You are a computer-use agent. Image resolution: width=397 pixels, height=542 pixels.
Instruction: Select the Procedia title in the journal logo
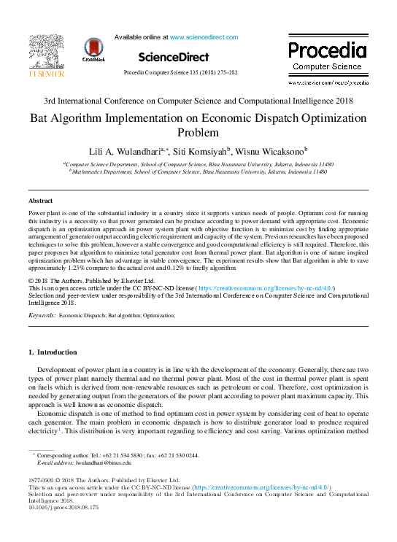[327, 50]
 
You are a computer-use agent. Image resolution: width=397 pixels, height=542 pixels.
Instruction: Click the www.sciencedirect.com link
[198, 36]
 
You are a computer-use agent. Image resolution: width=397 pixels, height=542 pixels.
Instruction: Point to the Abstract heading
[40, 200]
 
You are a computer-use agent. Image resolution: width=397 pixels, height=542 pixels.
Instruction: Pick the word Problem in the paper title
[198, 133]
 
